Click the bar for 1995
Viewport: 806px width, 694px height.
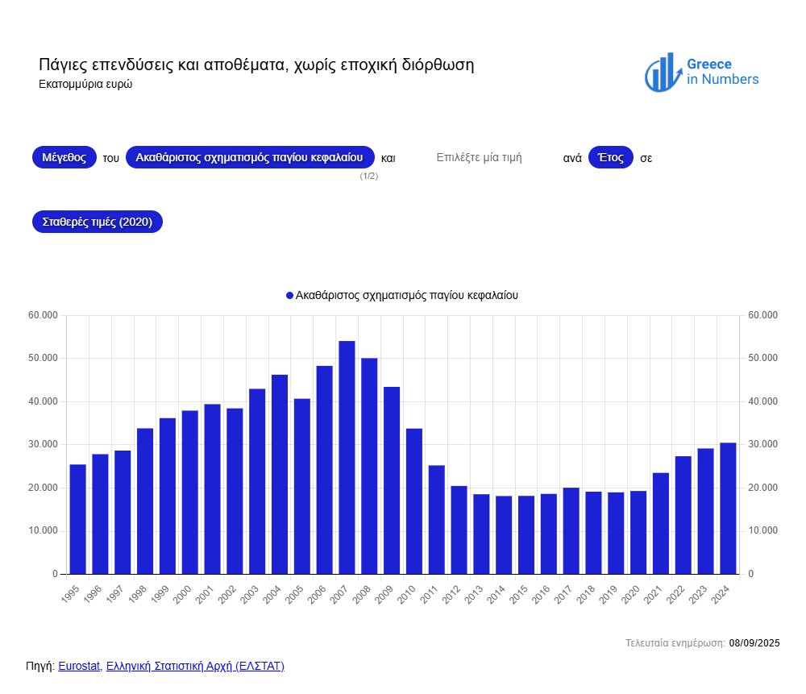coord(77,519)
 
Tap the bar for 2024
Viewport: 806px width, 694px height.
coord(728,508)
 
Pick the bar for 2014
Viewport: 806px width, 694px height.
coord(504,535)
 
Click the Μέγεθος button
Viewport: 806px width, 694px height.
coord(64,157)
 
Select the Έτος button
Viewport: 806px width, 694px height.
coord(611,157)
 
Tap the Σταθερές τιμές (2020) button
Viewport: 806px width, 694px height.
coord(97,222)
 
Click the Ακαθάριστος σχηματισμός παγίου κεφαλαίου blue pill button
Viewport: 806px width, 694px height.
coord(250,157)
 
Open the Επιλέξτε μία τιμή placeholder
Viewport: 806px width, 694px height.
coord(479,158)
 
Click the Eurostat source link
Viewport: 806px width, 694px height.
coord(79,666)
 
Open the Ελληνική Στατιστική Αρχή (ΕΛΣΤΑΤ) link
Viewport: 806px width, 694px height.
coord(195,666)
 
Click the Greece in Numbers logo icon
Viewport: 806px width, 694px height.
coord(661,73)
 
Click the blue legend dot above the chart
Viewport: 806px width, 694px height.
coord(290,296)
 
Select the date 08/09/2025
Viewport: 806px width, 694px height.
coord(754,642)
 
